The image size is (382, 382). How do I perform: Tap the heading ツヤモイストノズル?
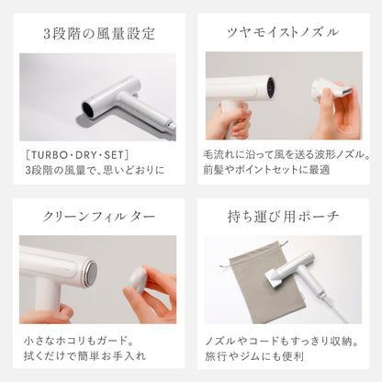point(284,33)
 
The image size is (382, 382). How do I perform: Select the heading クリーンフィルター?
point(97,218)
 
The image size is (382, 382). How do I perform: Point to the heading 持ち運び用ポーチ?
point(284,218)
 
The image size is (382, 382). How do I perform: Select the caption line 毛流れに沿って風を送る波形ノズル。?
point(284,153)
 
